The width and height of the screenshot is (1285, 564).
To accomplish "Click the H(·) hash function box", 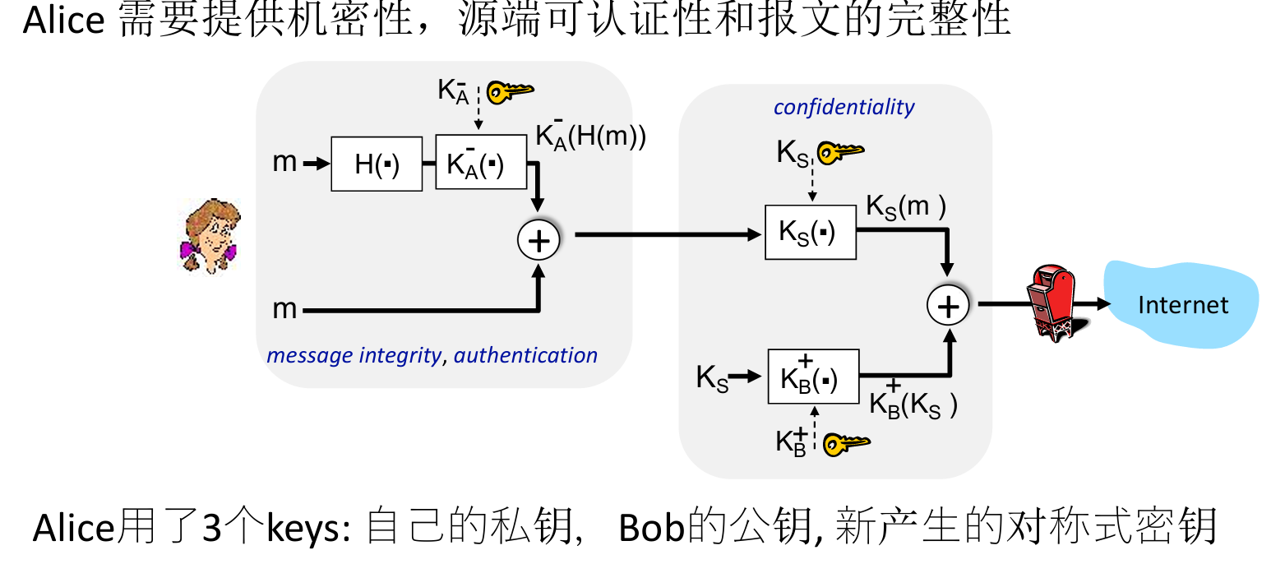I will (x=377, y=164).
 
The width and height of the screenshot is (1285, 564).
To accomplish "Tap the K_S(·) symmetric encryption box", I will (x=811, y=232).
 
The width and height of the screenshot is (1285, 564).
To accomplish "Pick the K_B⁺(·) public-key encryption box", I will (x=813, y=377).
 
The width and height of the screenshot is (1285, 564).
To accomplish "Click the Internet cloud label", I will (x=1182, y=305).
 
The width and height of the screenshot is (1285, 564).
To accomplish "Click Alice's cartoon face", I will (x=210, y=236).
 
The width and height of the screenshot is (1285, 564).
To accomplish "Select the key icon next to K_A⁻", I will (x=510, y=91).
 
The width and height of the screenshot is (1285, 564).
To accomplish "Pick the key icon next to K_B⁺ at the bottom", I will (x=846, y=444).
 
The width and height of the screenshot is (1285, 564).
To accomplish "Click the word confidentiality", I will (x=844, y=108).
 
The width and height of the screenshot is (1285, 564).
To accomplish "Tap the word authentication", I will (x=525, y=355).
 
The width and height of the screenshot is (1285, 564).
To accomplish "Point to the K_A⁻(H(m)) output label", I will (x=590, y=136).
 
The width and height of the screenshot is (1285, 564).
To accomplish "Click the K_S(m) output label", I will (x=906, y=207).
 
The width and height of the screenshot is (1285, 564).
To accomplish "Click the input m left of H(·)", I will (x=284, y=163).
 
